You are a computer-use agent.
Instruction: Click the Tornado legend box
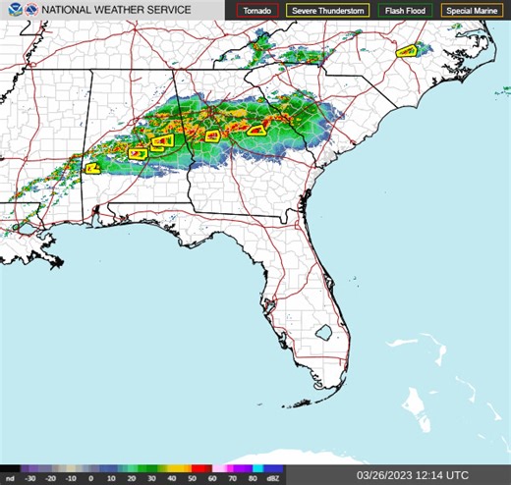pyautogui.click(x=258, y=11)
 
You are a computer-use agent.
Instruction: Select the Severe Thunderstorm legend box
pyautogui.click(x=328, y=11)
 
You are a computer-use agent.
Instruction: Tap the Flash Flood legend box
pyautogui.click(x=405, y=11)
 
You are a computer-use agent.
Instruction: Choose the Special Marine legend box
pyautogui.click(x=471, y=11)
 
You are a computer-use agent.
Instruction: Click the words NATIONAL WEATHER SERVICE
pyautogui.click(x=116, y=10)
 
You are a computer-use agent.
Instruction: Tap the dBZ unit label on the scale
pyautogui.click(x=275, y=480)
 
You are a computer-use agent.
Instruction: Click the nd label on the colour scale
pyautogui.click(x=9, y=480)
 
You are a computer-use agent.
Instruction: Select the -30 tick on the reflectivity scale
pyautogui.click(x=30, y=480)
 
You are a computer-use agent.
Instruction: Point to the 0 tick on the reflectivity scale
pyautogui.click(x=90, y=480)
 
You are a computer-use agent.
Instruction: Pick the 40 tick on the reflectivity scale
pyautogui.click(x=171, y=480)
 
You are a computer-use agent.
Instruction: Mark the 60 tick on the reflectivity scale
pyautogui.click(x=211, y=480)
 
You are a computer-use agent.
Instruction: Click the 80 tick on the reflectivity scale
pyautogui.click(x=253, y=480)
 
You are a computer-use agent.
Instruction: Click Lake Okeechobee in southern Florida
pyautogui.click(x=323, y=332)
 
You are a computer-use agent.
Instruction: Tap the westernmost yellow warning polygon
pyautogui.click(x=92, y=168)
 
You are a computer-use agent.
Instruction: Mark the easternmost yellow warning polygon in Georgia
pyautogui.click(x=258, y=130)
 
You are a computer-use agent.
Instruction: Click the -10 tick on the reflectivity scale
pyautogui.click(x=71, y=480)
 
